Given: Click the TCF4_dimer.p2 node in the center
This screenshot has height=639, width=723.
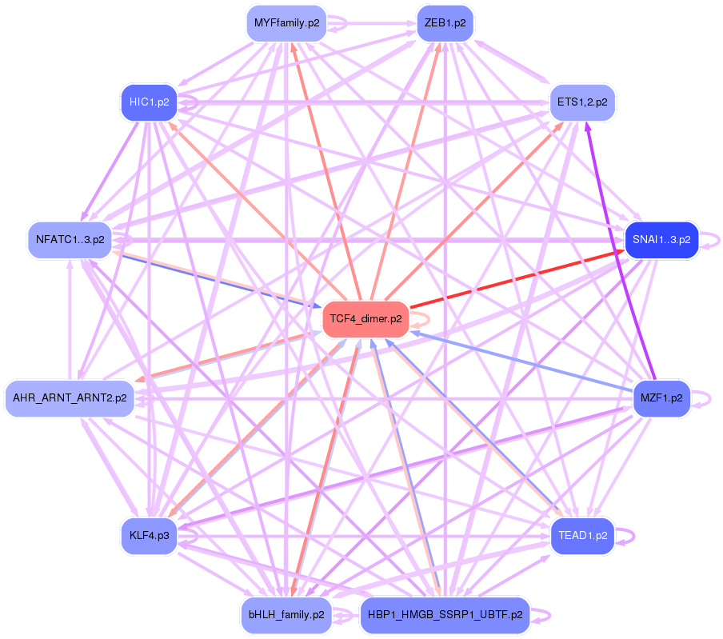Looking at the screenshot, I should click(366, 319).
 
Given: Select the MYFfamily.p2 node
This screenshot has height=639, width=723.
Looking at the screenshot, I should click(286, 23).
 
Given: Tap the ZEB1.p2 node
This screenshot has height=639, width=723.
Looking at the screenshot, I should click(445, 23).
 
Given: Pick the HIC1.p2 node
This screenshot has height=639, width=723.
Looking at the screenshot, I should click(149, 102).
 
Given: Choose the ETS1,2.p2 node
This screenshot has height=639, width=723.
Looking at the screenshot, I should click(582, 102).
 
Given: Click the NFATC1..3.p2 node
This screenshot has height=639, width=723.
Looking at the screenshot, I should click(70, 239).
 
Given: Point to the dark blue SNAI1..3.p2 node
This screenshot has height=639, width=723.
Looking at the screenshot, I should click(661, 239).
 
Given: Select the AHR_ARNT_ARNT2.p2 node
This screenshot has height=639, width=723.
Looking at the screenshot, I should click(70, 397).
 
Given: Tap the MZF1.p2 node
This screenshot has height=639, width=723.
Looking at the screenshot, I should click(661, 397).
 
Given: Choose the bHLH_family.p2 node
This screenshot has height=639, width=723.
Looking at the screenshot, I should click(286, 615).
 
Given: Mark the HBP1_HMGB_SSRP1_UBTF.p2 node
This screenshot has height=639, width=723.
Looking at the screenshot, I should click(445, 615).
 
